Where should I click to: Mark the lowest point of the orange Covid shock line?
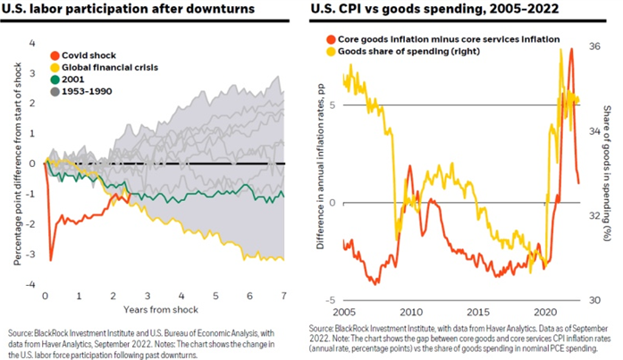(51, 260)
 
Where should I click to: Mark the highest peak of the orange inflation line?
(570, 49)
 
